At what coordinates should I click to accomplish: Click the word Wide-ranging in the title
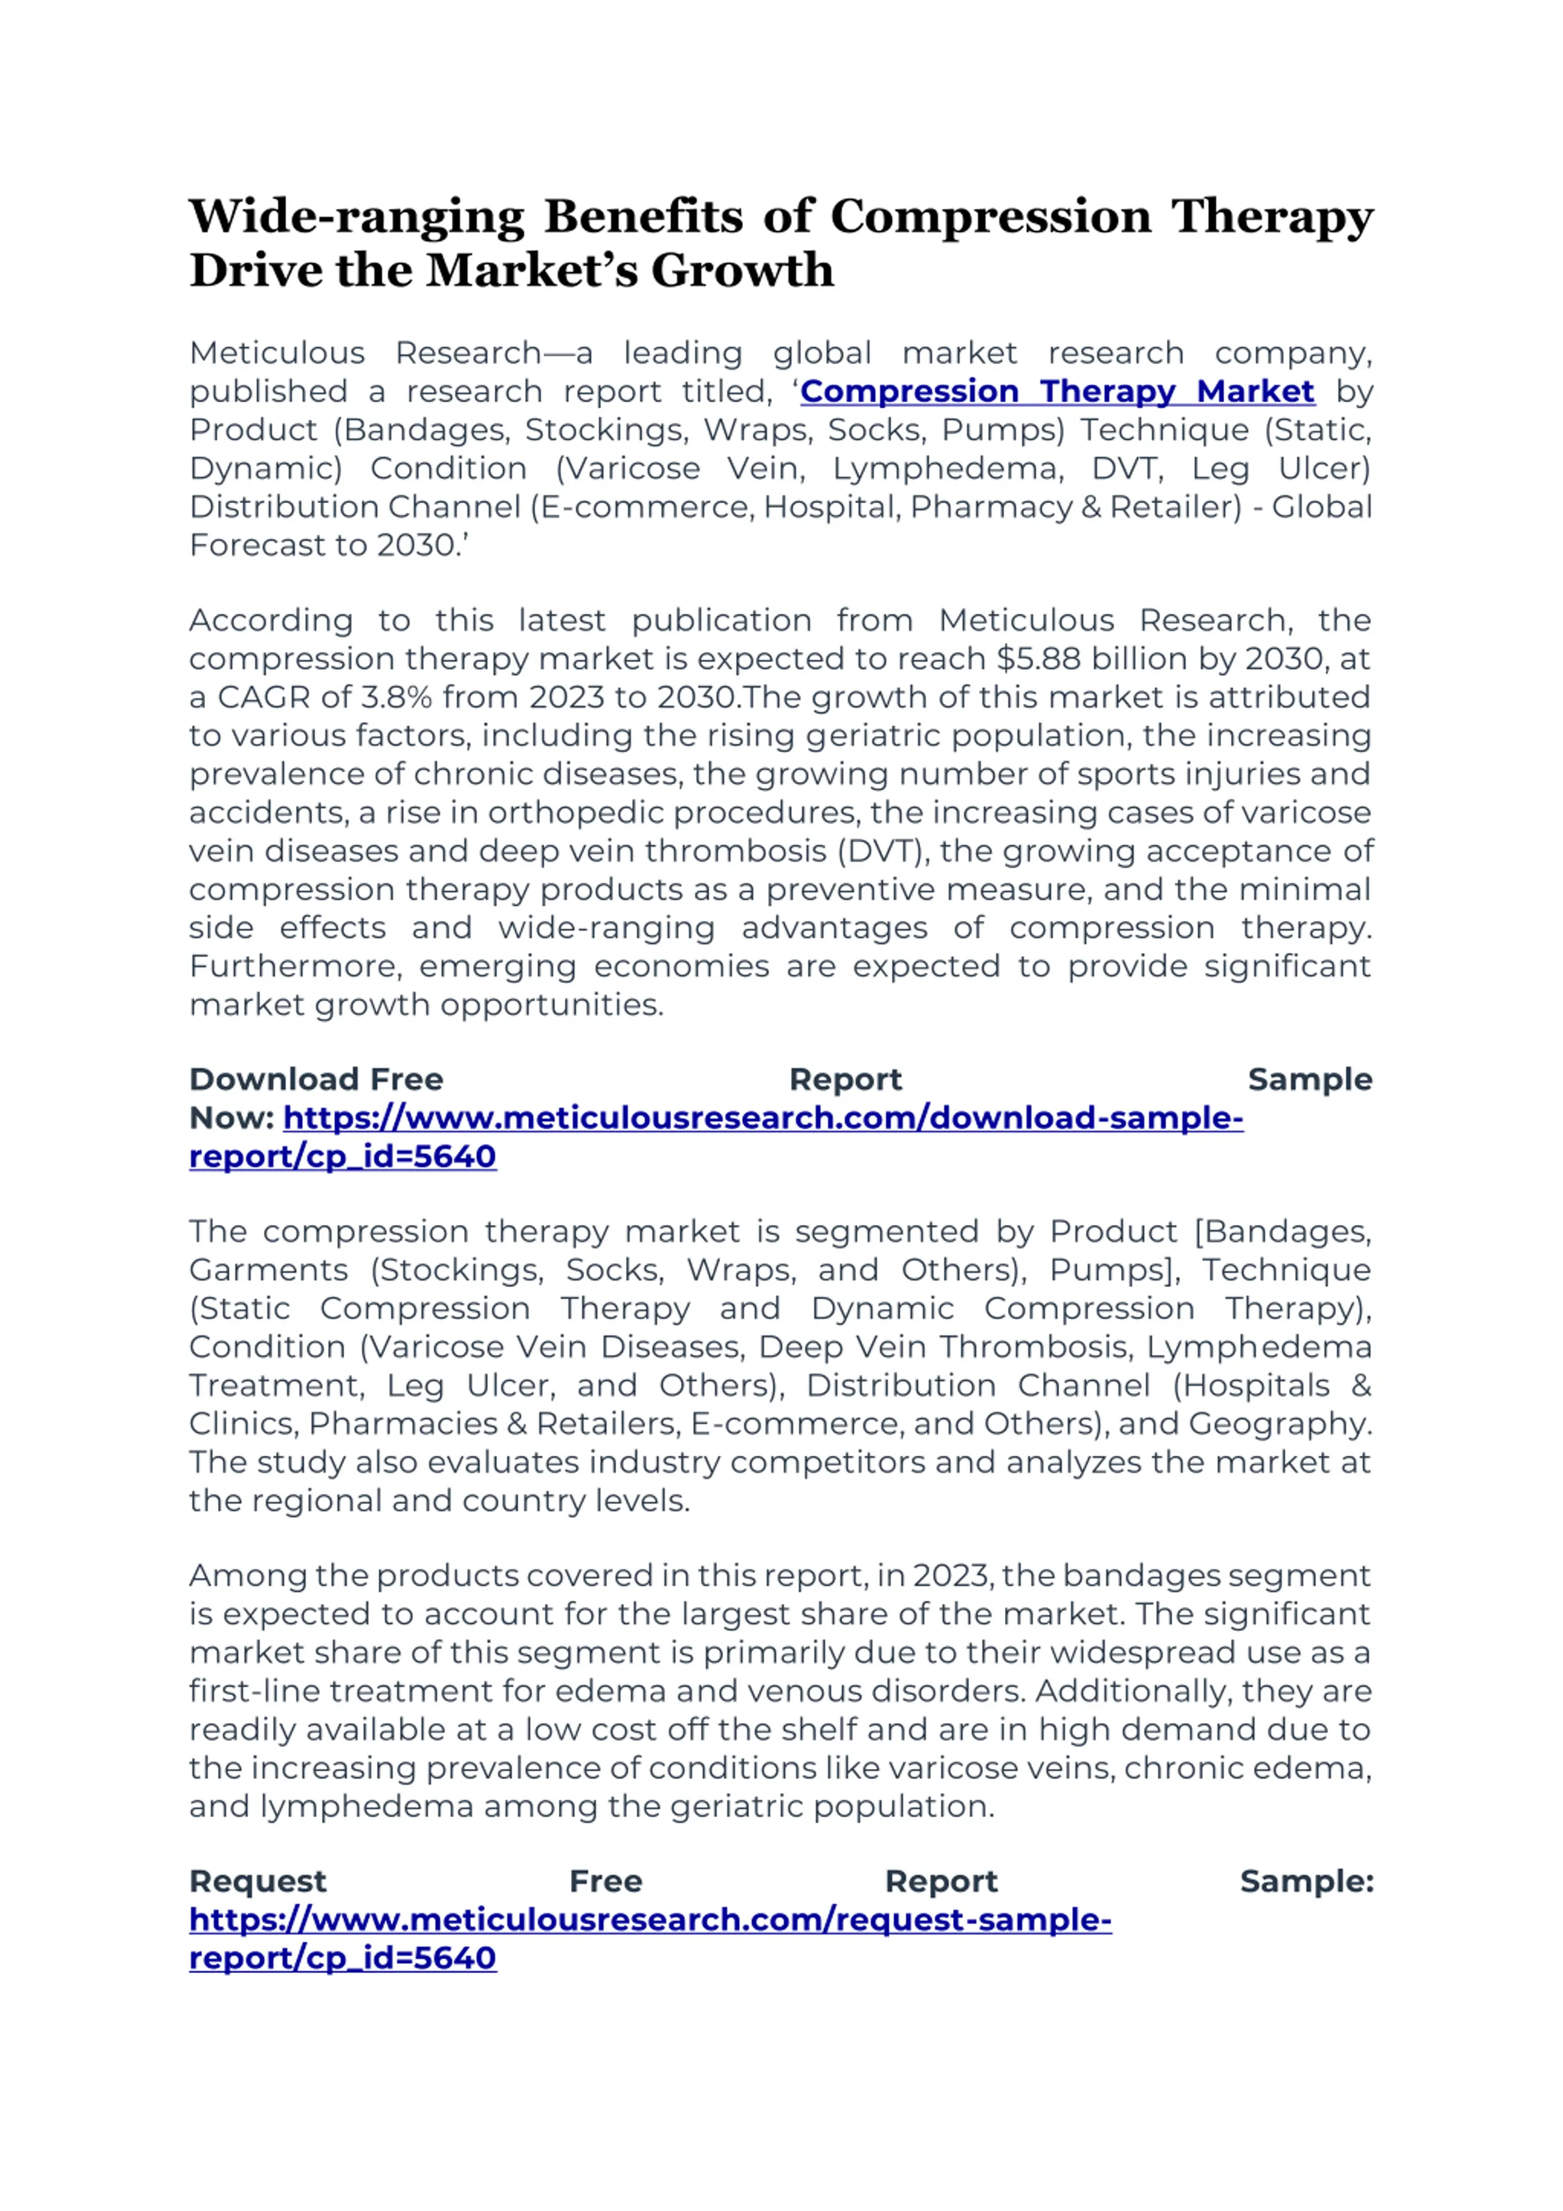pos(357,217)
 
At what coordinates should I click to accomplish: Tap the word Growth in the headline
pos(742,270)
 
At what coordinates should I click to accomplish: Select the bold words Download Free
pos(316,1080)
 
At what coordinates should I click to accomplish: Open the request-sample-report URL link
pos(650,1920)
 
